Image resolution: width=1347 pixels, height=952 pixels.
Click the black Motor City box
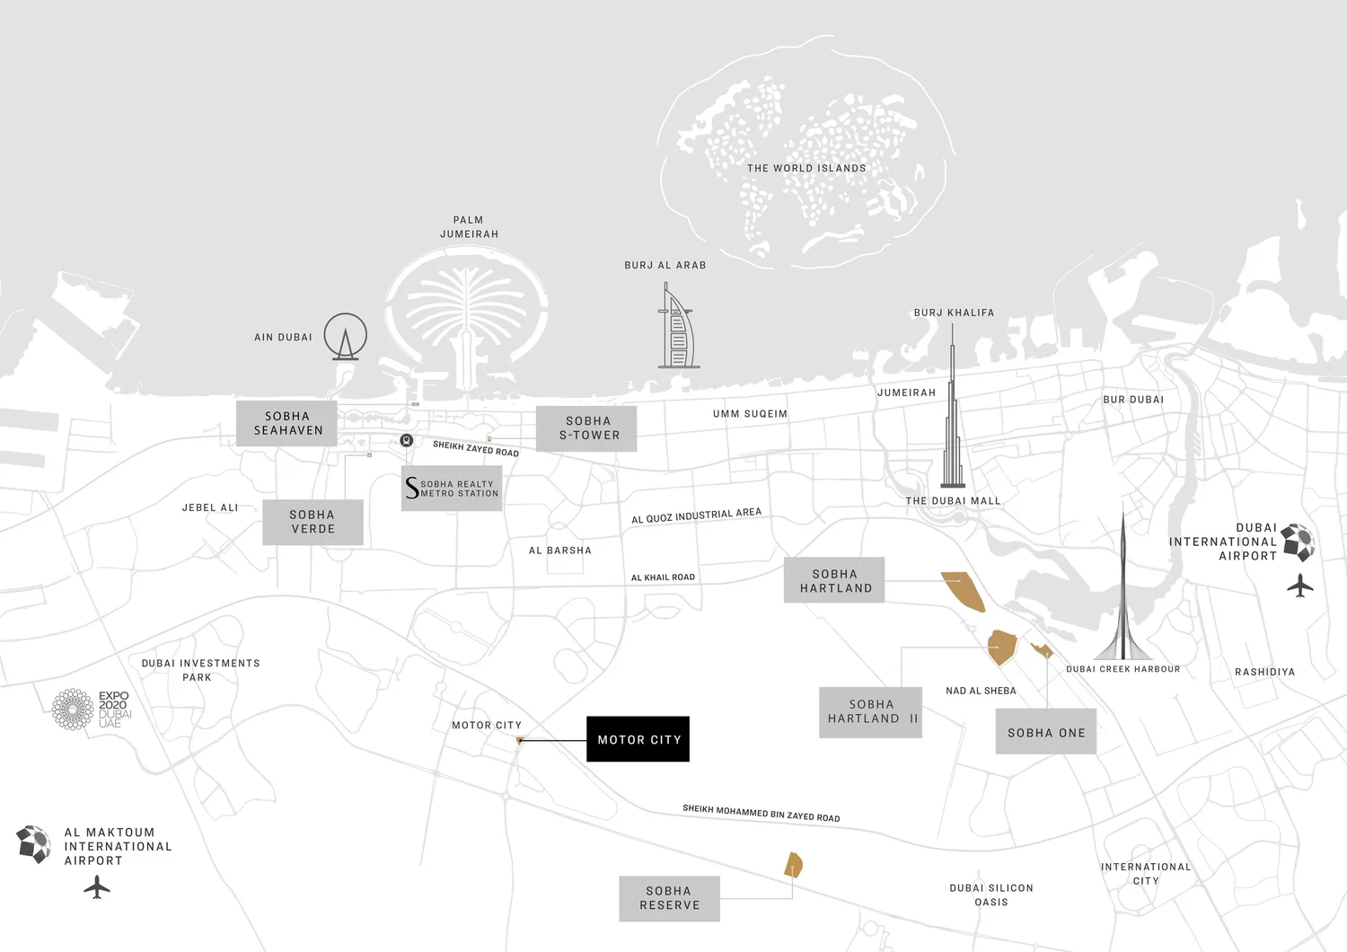click(638, 739)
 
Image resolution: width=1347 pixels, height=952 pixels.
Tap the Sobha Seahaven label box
click(286, 423)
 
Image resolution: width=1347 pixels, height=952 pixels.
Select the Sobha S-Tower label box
click(586, 428)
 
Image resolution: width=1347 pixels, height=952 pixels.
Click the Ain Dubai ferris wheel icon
click(346, 337)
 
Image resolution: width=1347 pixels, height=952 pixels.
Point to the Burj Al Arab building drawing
click(677, 328)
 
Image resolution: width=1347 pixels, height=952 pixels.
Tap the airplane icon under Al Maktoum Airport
click(97, 887)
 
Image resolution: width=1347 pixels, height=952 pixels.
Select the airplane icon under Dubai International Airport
click(1299, 586)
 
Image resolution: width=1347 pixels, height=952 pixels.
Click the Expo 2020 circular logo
click(73, 710)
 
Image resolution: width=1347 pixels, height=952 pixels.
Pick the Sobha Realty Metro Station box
click(452, 489)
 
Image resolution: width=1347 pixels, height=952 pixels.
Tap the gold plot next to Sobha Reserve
click(794, 865)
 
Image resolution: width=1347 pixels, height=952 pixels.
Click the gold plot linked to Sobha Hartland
click(964, 590)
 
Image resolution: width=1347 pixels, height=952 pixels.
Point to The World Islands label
click(806, 168)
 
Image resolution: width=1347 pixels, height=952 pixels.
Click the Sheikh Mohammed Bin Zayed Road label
click(761, 813)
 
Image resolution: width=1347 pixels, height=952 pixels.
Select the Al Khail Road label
click(663, 577)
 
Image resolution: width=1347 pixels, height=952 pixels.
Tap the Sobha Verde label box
click(313, 522)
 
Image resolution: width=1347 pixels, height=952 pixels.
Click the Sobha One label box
click(1046, 732)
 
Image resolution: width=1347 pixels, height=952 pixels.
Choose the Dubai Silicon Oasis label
click(991, 895)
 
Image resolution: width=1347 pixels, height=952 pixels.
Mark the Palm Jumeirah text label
click(469, 226)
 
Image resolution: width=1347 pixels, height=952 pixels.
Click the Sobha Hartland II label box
click(871, 712)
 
